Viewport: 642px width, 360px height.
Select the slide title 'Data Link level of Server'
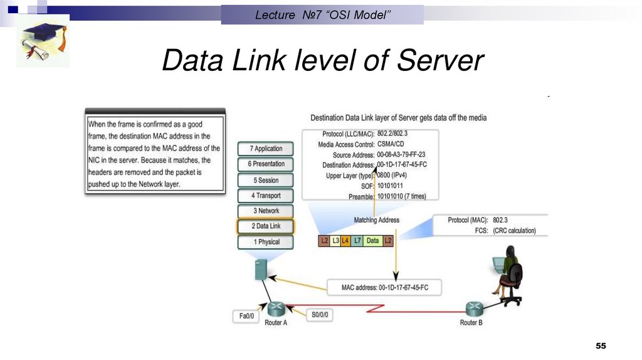coord(323,61)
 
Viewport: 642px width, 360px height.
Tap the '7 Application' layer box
coord(265,149)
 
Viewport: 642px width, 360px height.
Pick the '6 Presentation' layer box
coord(265,164)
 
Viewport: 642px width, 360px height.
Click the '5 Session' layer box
coord(265,180)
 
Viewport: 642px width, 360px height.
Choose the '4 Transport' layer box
coord(265,196)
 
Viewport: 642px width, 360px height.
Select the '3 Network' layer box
coord(265,211)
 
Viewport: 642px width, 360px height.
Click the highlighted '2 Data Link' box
coord(265,226)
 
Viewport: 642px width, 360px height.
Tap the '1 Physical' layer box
coord(265,242)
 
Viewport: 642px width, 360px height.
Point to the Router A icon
coord(276,309)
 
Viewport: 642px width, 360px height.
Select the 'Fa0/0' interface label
coord(247,316)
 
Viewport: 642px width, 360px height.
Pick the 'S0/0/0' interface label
coord(319,314)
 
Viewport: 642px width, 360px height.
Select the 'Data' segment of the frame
coord(372,240)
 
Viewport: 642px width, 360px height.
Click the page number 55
coord(601,347)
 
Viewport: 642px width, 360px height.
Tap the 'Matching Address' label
coord(376,220)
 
